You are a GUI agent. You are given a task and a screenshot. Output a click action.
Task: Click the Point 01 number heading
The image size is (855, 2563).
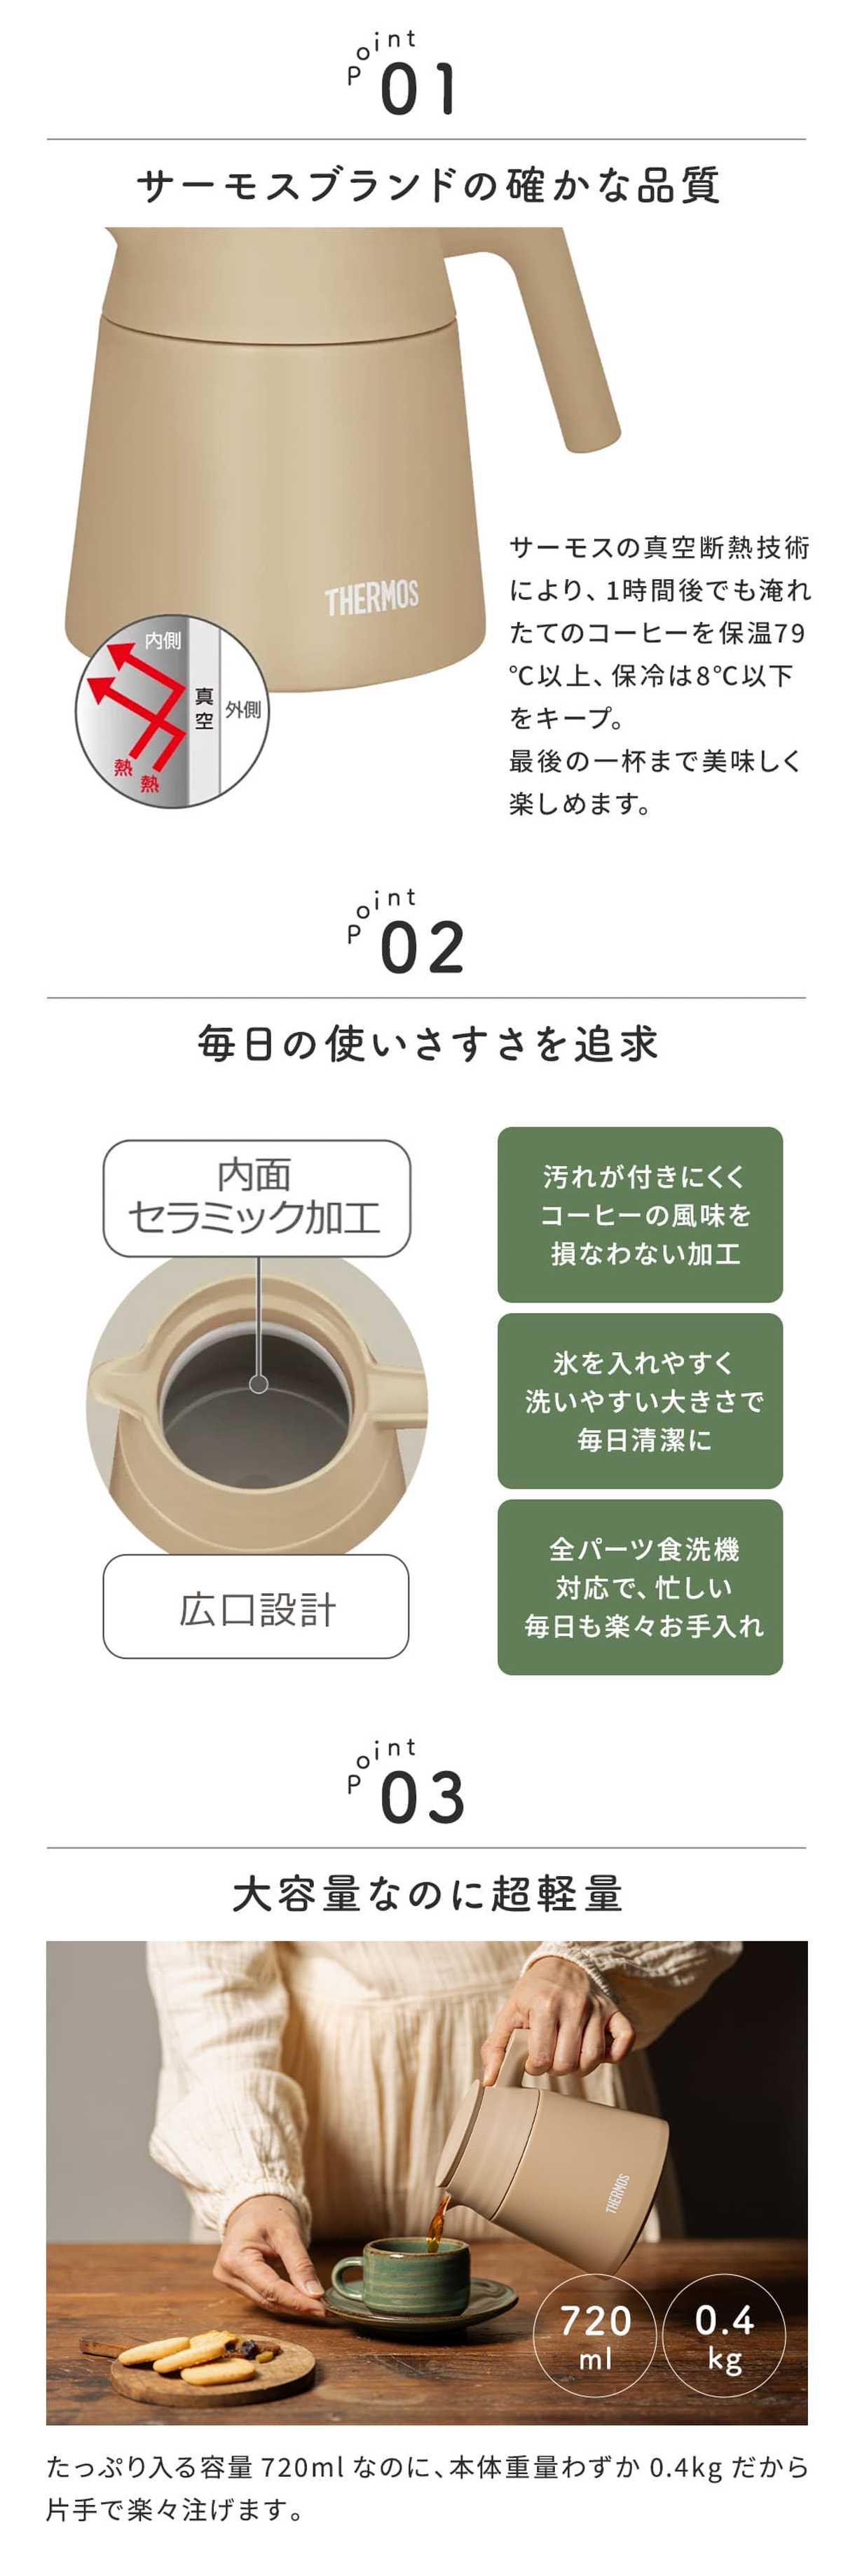pyautogui.click(x=418, y=88)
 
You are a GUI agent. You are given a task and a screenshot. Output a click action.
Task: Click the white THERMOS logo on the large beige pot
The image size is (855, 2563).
pyautogui.click(x=371, y=598)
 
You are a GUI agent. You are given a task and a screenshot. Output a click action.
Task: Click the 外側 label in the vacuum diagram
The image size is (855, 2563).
pyautogui.click(x=243, y=709)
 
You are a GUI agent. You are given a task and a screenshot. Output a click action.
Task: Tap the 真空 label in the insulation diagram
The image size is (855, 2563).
pyautogui.click(x=204, y=709)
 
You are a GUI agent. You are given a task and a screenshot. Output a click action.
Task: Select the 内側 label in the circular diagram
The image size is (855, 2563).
pyautogui.click(x=163, y=641)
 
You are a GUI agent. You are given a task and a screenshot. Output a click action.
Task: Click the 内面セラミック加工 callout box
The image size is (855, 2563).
pyautogui.click(x=256, y=1198)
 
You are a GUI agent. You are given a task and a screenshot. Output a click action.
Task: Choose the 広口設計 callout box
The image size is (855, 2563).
pyautogui.click(x=256, y=1607)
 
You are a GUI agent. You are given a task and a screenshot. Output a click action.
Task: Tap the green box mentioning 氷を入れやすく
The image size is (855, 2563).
pyautogui.click(x=640, y=1401)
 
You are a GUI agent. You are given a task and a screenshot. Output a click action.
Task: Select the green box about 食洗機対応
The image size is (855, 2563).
pyautogui.click(x=640, y=1587)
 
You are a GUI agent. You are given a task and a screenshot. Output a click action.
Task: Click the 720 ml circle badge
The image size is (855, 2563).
pyautogui.click(x=594, y=2334)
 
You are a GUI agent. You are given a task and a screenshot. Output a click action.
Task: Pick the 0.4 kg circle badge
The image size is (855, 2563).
pyautogui.click(x=724, y=2334)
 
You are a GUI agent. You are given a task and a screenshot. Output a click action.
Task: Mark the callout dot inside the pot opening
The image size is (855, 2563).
pyautogui.click(x=259, y=1383)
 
